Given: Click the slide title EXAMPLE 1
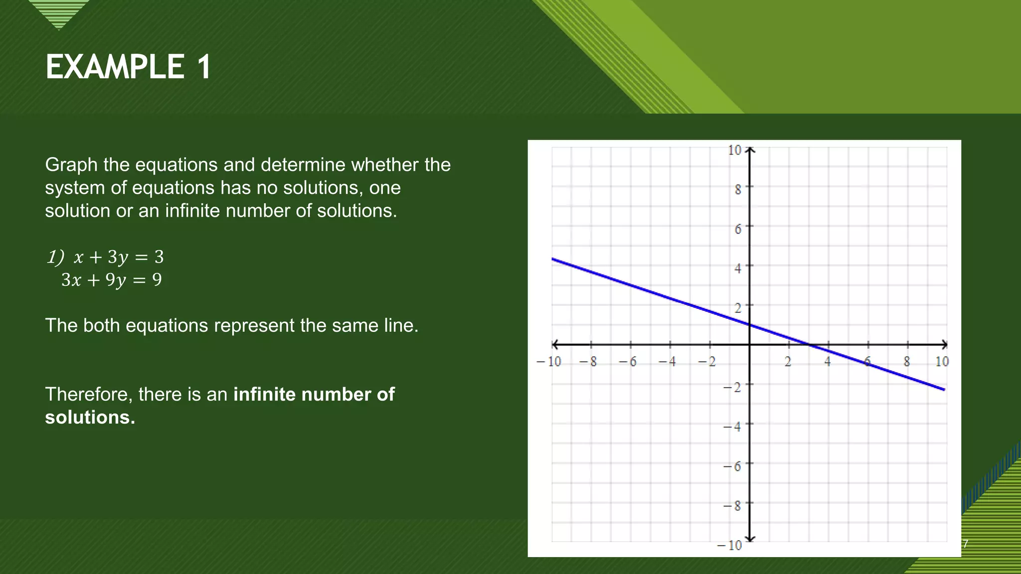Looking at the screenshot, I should [129, 67].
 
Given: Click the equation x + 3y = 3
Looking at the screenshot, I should [118, 257].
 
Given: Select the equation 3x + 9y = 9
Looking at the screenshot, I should [112, 280].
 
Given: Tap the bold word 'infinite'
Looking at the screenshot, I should [264, 394].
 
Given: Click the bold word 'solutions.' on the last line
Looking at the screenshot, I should [90, 417].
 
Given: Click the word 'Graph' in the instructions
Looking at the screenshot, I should [71, 164].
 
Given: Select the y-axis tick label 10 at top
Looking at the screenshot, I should [734, 150].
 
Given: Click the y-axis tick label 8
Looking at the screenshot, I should [738, 189].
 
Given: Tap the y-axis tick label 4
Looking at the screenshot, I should [738, 268].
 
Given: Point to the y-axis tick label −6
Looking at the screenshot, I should [732, 466].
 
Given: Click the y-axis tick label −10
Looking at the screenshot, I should [729, 545].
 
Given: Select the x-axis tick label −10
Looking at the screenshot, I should [549, 362].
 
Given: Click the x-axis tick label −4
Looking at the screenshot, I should [668, 362].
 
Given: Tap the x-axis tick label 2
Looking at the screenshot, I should [788, 362].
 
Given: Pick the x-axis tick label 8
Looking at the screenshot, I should [907, 362].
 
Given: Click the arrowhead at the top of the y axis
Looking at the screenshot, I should [750, 149].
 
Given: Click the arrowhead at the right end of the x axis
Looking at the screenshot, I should [945, 344].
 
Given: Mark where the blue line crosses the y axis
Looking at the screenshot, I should [750, 325].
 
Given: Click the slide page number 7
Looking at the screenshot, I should [965, 544].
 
